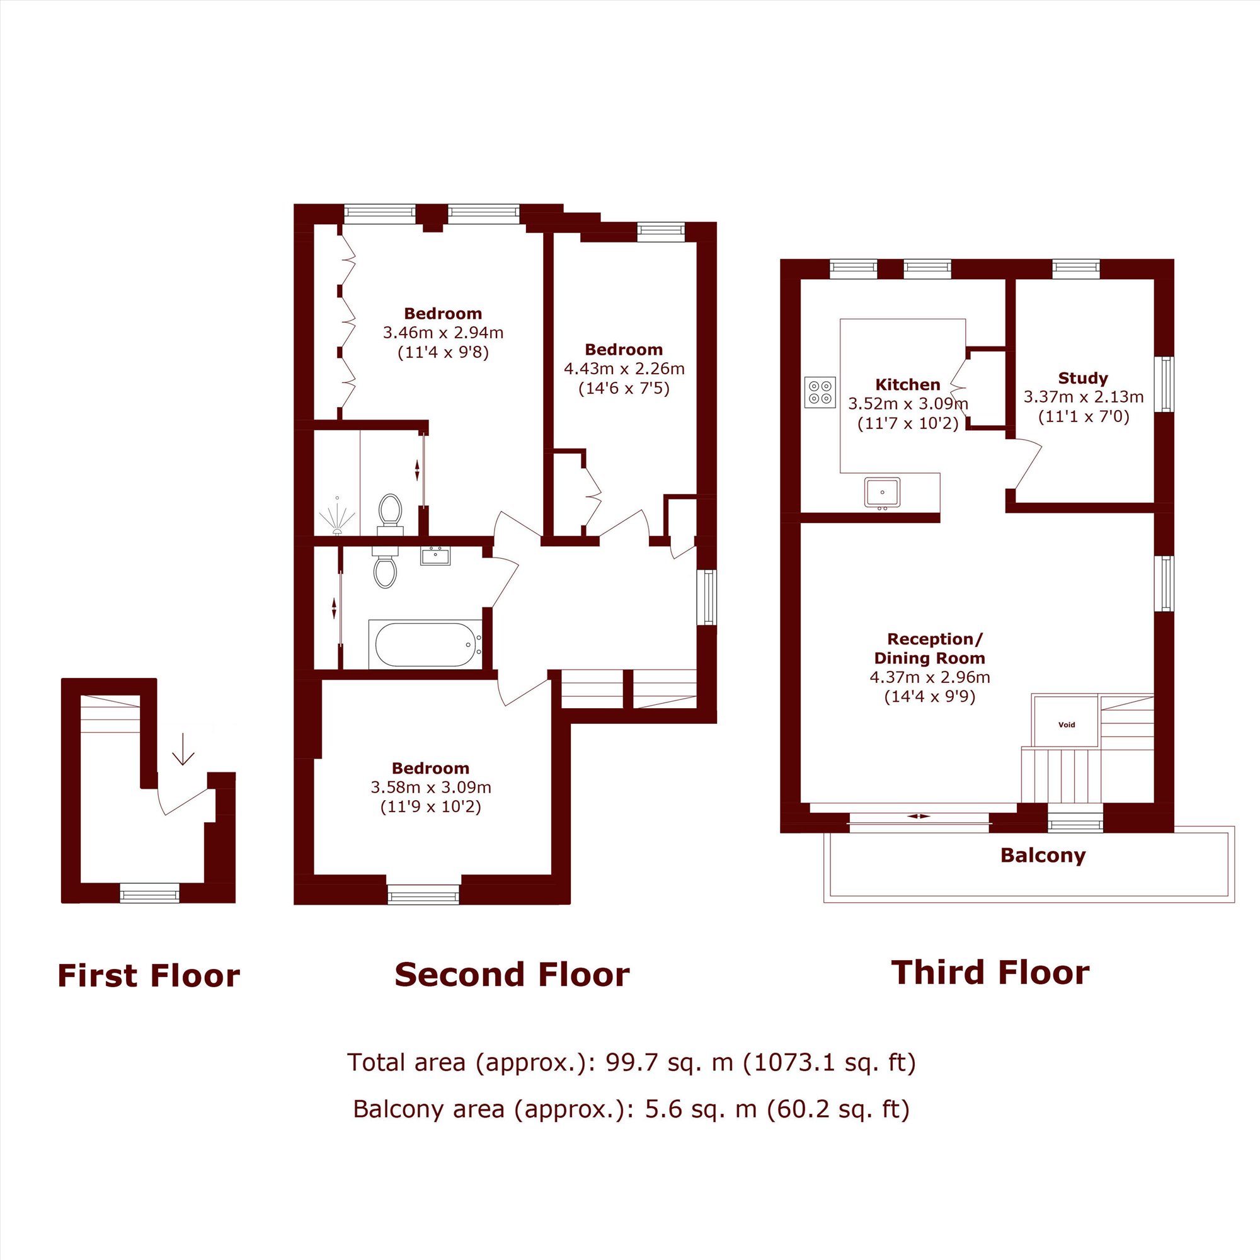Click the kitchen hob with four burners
(x=820, y=392)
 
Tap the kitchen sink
(x=883, y=493)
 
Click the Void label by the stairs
(x=1067, y=724)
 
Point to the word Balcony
(x=1043, y=855)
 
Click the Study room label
(x=1082, y=378)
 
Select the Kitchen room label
(x=907, y=385)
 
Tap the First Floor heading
(x=149, y=976)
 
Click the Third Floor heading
(x=990, y=973)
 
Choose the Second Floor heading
(x=512, y=975)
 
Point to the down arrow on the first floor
(x=183, y=748)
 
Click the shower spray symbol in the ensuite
(x=337, y=517)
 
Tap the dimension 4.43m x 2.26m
(x=624, y=369)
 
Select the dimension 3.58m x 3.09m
(x=431, y=787)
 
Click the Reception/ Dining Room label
(x=930, y=649)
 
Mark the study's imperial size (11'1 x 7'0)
(x=1083, y=416)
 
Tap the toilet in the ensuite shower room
(x=391, y=513)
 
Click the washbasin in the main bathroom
(x=435, y=556)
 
